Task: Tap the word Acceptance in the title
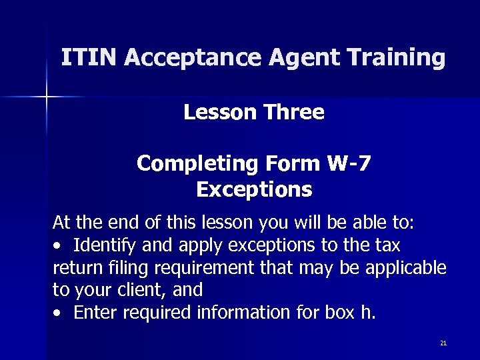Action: click(193, 59)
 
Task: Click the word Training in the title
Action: click(393, 59)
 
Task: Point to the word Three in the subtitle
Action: click(294, 112)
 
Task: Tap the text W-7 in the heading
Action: click(349, 163)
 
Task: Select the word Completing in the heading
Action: click(197, 164)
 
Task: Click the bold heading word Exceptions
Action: click(254, 191)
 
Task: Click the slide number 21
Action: click(443, 343)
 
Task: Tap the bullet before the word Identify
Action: click(58, 246)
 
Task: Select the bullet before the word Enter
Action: click(58, 313)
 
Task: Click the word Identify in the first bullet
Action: click(105, 245)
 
